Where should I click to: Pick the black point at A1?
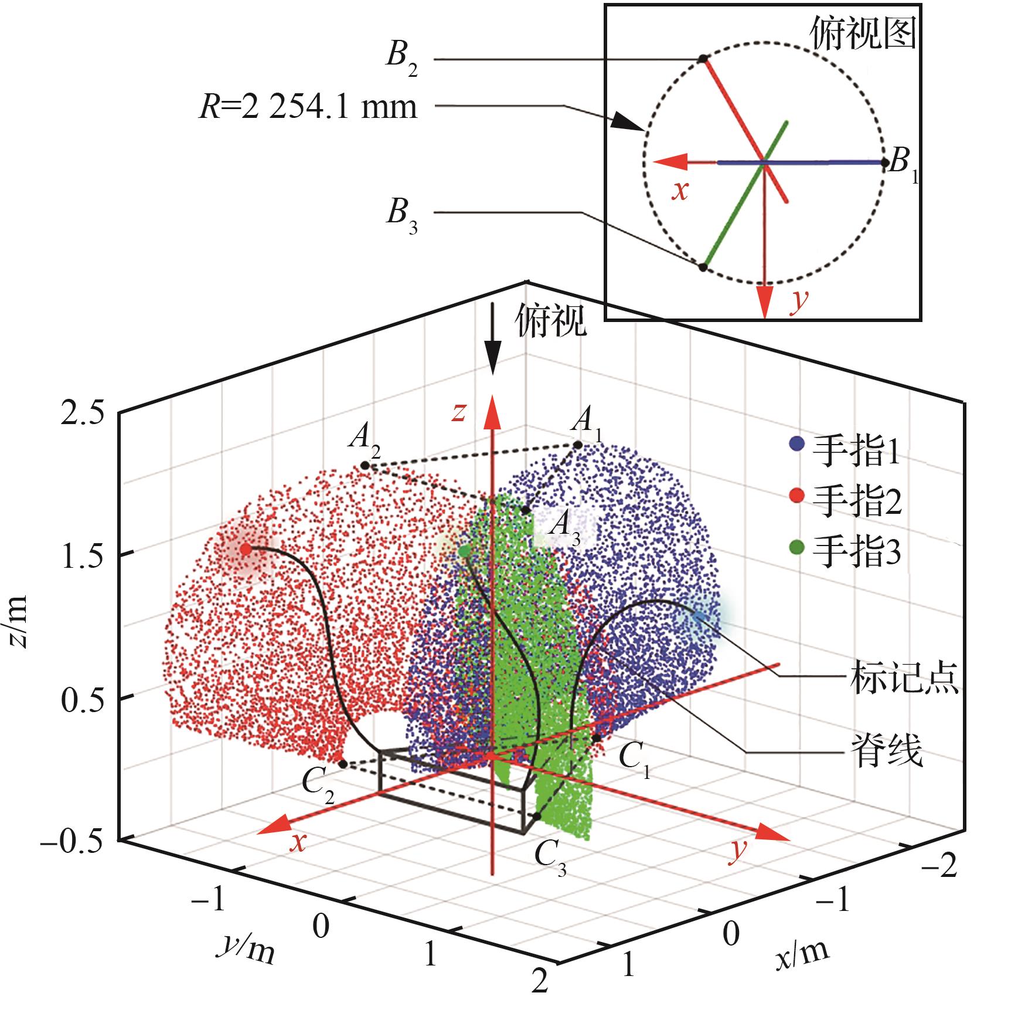578,445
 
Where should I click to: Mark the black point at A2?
365,465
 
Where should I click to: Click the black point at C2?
343,764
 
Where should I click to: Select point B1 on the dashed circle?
884,162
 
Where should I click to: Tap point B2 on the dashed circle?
703,59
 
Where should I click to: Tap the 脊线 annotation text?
886,751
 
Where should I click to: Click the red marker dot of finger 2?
246,550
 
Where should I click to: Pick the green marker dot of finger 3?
464,551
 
